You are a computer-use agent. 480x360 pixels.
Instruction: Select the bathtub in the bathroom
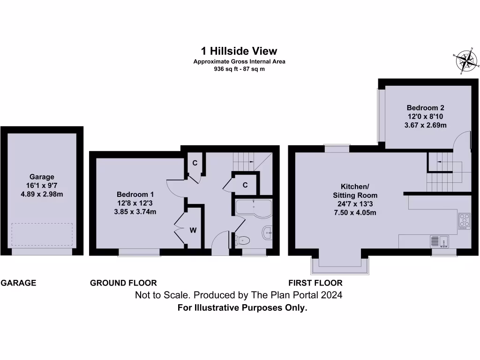[254, 209]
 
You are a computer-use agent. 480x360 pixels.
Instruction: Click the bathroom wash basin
[268, 233]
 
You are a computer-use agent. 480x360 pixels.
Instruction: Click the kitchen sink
[440, 241]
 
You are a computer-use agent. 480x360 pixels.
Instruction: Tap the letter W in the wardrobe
[193, 230]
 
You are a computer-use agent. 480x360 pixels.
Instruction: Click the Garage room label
[42, 177]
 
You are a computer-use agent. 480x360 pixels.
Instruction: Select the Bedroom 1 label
[135, 195]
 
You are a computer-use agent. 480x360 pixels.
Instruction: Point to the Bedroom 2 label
[425, 108]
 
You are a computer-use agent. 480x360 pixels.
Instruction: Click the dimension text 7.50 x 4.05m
[355, 212]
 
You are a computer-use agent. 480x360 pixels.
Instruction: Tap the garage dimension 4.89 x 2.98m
[42, 194]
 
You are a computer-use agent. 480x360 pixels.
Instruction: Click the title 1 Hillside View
[239, 51]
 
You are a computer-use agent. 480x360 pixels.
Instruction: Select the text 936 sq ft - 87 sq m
[240, 69]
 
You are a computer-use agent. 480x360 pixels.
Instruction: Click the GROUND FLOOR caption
[123, 283]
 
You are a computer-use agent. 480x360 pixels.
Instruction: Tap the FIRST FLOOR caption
[315, 283]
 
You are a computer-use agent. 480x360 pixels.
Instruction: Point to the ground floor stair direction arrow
[252, 162]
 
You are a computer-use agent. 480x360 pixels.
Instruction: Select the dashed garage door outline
[42, 234]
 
